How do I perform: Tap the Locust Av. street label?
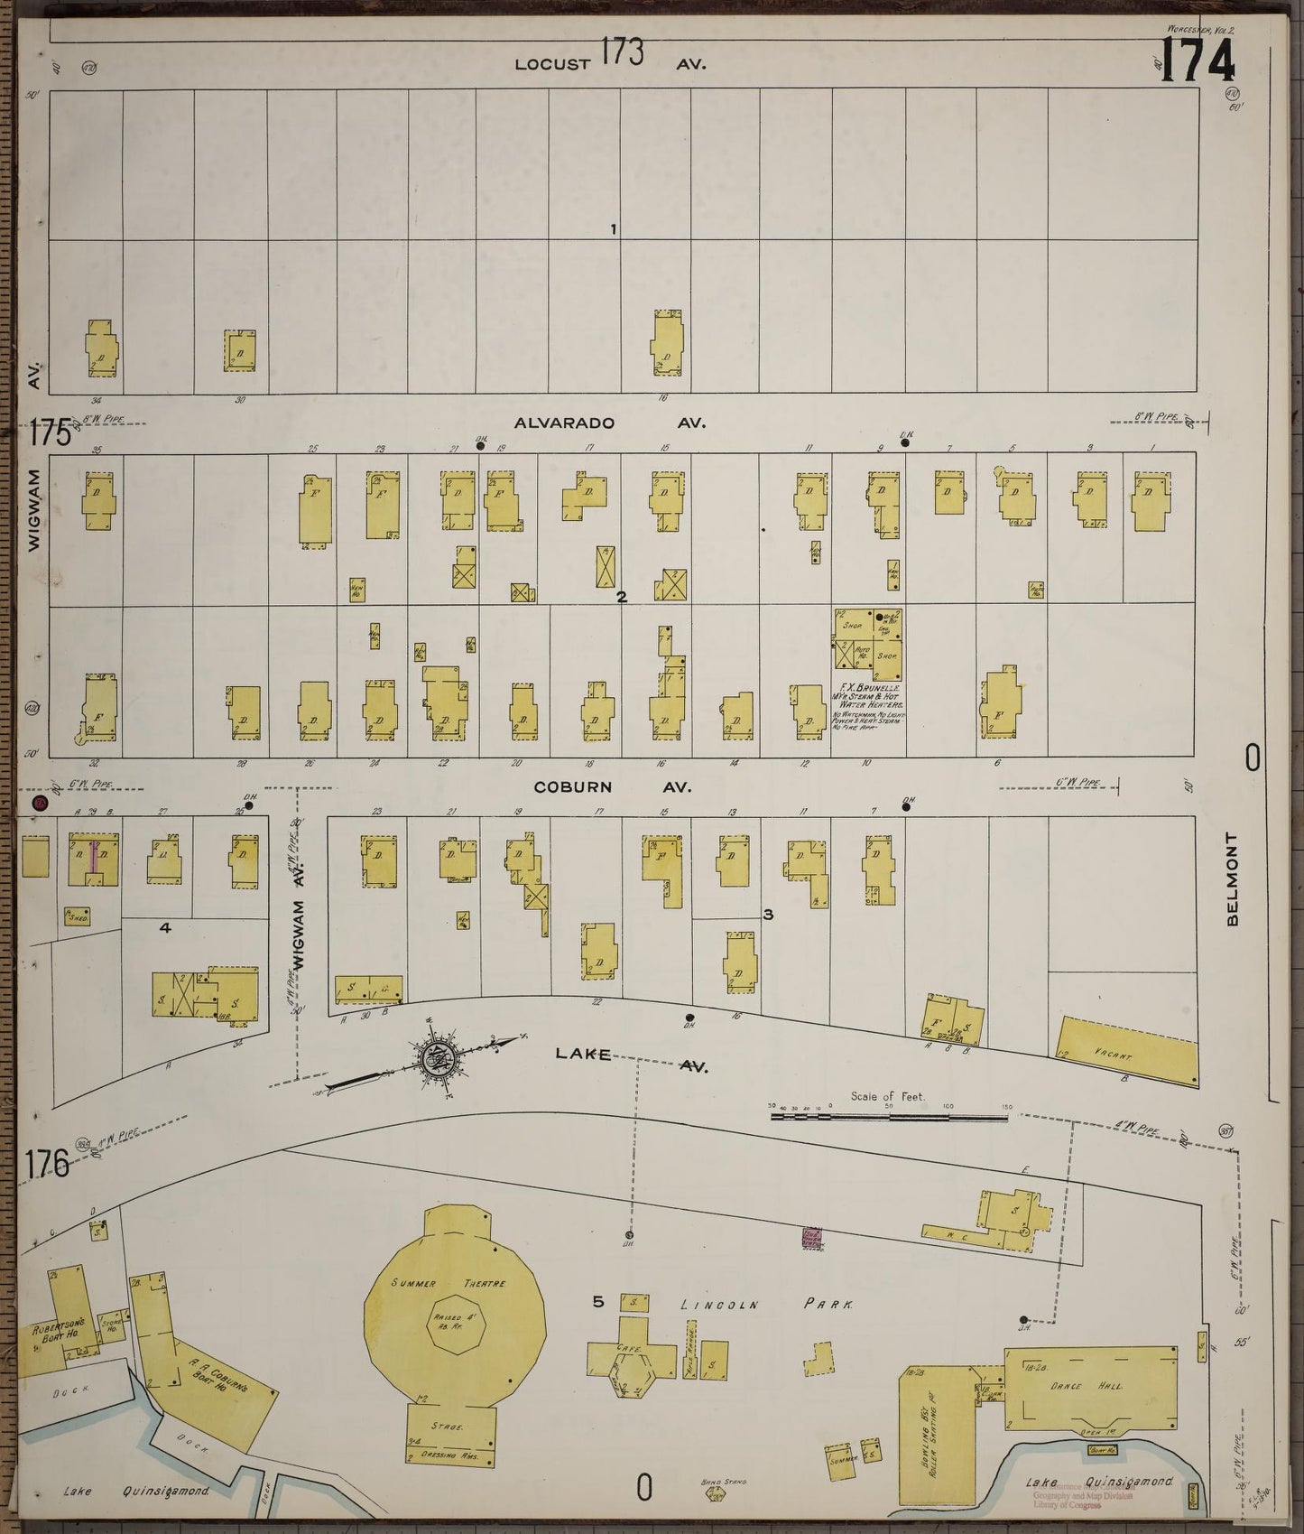(x=610, y=63)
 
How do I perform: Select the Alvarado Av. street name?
(x=610, y=423)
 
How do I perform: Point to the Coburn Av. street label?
(x=612, y=786)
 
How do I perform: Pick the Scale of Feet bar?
(x=889, y=1116)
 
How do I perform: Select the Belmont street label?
(x=1234, y=878)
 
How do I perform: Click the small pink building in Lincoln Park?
(x=810, y=1237)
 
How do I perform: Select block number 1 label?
(x=613, y=229)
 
